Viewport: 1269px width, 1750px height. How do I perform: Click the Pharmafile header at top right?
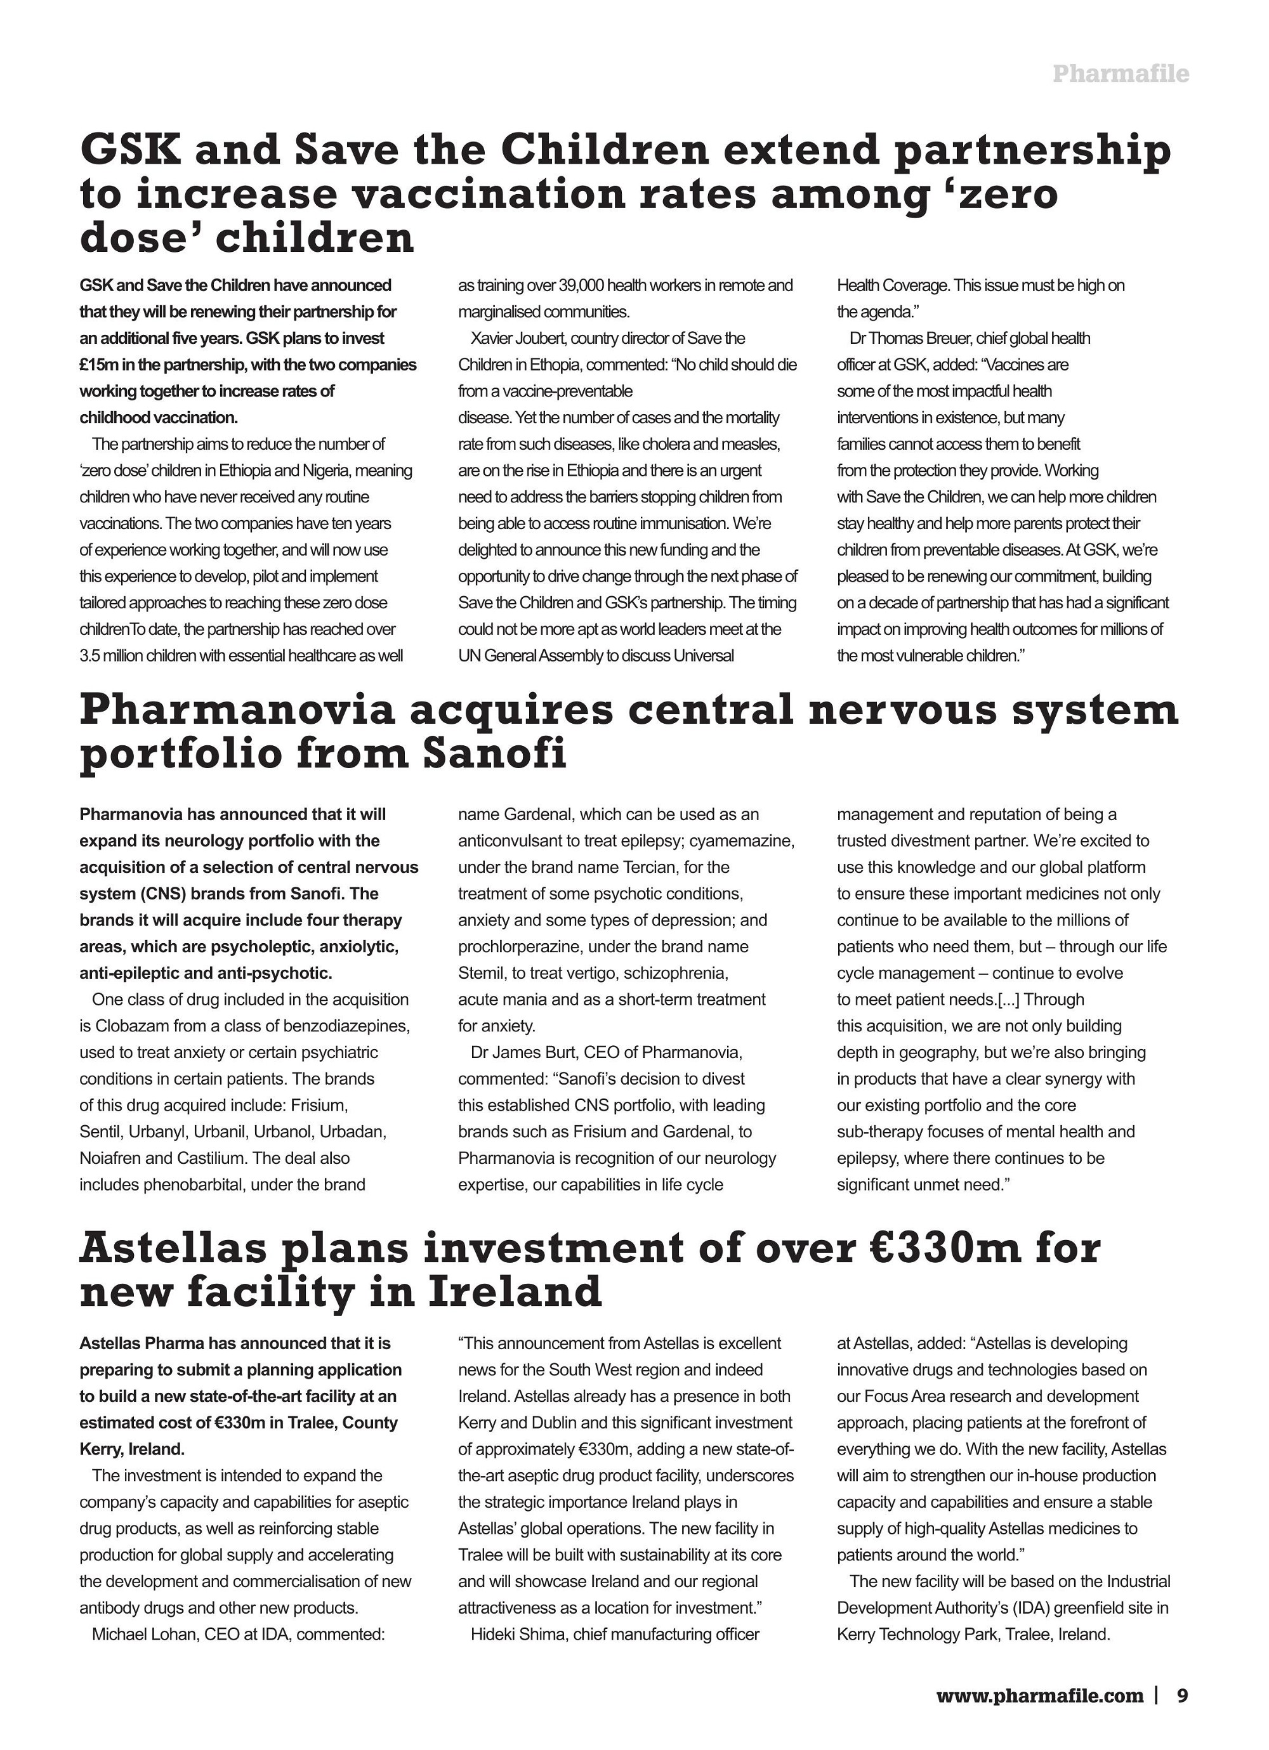coord(1120,74)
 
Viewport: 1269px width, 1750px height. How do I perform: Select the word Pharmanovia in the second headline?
coord(236,710)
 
